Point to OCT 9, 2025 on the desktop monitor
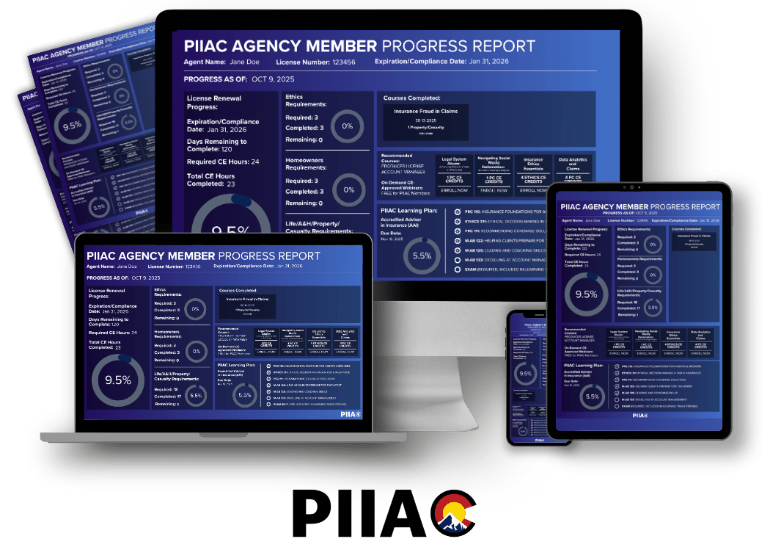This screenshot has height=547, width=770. pos(273,79)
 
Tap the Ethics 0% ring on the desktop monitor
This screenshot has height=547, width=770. pos(348,126)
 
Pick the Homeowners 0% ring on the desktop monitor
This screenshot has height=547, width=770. pos(348,189)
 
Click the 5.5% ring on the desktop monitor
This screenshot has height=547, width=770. pos(422,256)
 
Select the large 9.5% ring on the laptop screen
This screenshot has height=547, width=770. pos(117,380)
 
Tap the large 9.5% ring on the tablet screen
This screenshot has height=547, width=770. pos(586,294)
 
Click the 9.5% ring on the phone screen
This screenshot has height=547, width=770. pos(525,374)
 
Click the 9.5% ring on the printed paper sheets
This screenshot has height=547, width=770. pos(72,126)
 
